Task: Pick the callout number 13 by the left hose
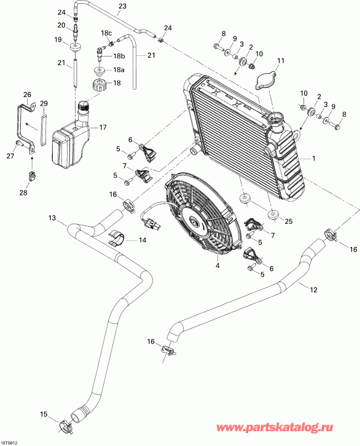click(x=52, y=218)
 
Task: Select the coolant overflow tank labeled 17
click(x=72, y=143)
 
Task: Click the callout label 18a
click(x=117, y=70)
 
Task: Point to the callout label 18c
click(x=106, y=33)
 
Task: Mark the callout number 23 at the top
click(x=122, y=6)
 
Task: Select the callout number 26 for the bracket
click(x=26, y=95)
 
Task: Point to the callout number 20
click(x=61, y=25)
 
